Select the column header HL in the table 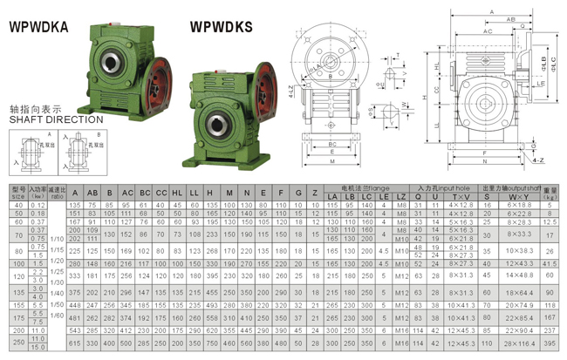177,192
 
